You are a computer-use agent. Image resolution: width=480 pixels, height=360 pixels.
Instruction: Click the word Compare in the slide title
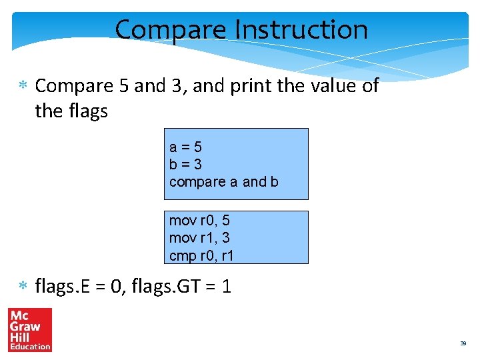pos(171,30)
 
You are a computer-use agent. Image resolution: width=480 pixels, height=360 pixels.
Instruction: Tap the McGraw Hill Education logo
pos(30,329)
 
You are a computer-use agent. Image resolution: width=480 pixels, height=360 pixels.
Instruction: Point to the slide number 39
pos(463,343)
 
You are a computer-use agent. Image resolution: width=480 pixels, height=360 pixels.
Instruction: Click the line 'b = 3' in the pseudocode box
pos(186,164)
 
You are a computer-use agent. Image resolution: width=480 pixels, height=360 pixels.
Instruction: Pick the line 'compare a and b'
pos(224,181)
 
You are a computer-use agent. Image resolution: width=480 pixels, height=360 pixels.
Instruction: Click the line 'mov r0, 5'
pos(199,221)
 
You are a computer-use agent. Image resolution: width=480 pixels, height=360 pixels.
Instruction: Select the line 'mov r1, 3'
pos(199,238)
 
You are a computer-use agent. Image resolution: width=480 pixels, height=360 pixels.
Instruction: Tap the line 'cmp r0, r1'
pos(201,255)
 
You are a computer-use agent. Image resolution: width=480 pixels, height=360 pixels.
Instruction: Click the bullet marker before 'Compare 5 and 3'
pos(23,86)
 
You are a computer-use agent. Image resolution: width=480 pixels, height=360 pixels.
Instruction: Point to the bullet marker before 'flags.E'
pos(23,287)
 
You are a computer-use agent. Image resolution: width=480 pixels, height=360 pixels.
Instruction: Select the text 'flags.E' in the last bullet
pos(62,287)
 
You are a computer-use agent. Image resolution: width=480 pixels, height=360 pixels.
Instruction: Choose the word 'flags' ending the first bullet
pos(87,111)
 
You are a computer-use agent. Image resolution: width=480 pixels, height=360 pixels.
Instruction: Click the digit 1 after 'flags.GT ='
pos(227,287)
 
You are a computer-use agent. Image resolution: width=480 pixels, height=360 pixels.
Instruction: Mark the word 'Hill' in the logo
pos(19,337)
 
